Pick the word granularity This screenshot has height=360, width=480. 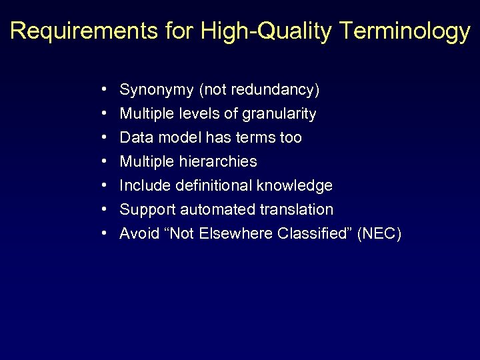coord(279,114)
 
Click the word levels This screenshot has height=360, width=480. coord(199,114)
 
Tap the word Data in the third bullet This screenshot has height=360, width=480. coord(135,138)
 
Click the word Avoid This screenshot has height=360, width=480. coord(137,233)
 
